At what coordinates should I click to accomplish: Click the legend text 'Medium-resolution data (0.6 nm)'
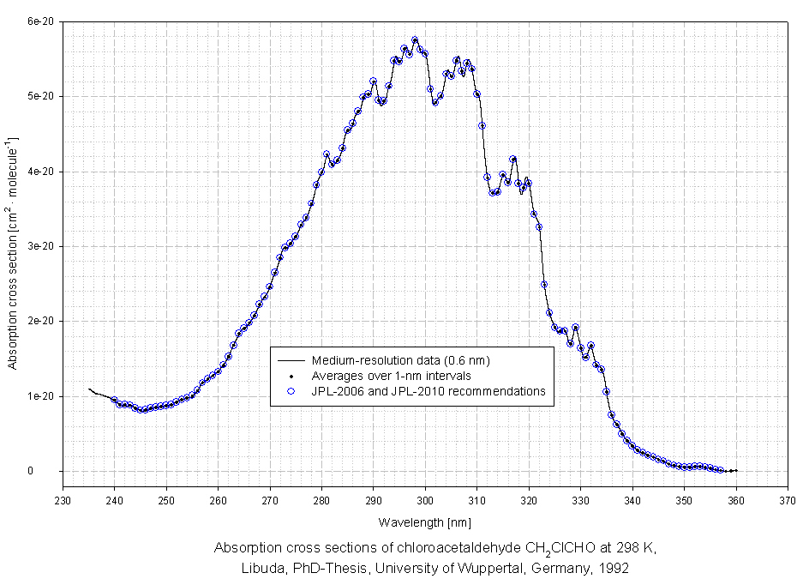tap(401, 360)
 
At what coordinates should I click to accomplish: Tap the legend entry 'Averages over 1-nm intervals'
tap(392, 376)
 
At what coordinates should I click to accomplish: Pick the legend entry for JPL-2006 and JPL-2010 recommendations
tap(428, 391)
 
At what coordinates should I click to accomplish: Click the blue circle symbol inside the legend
tap(291, 391)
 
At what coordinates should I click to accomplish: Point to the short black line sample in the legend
tap(291, 360)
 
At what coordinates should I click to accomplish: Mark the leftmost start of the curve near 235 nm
tap(89, 389)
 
